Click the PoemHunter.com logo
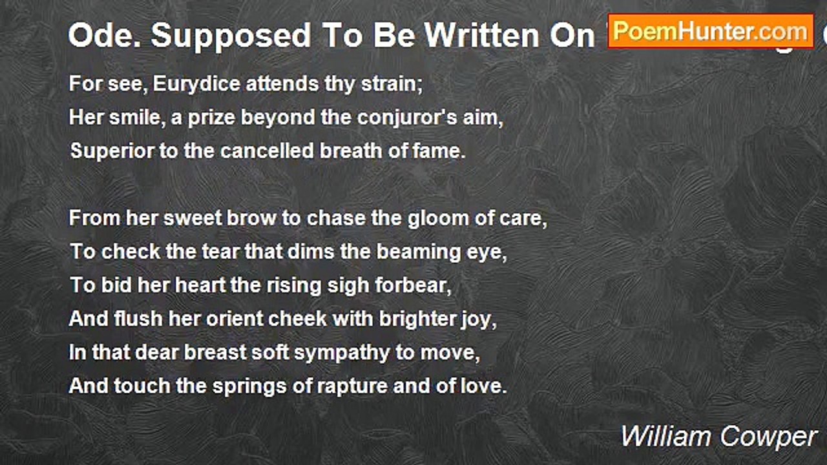coord(710,31)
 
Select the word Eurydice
coord(201,84)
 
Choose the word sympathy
coord(317,353)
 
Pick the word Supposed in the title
coord(219,36)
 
